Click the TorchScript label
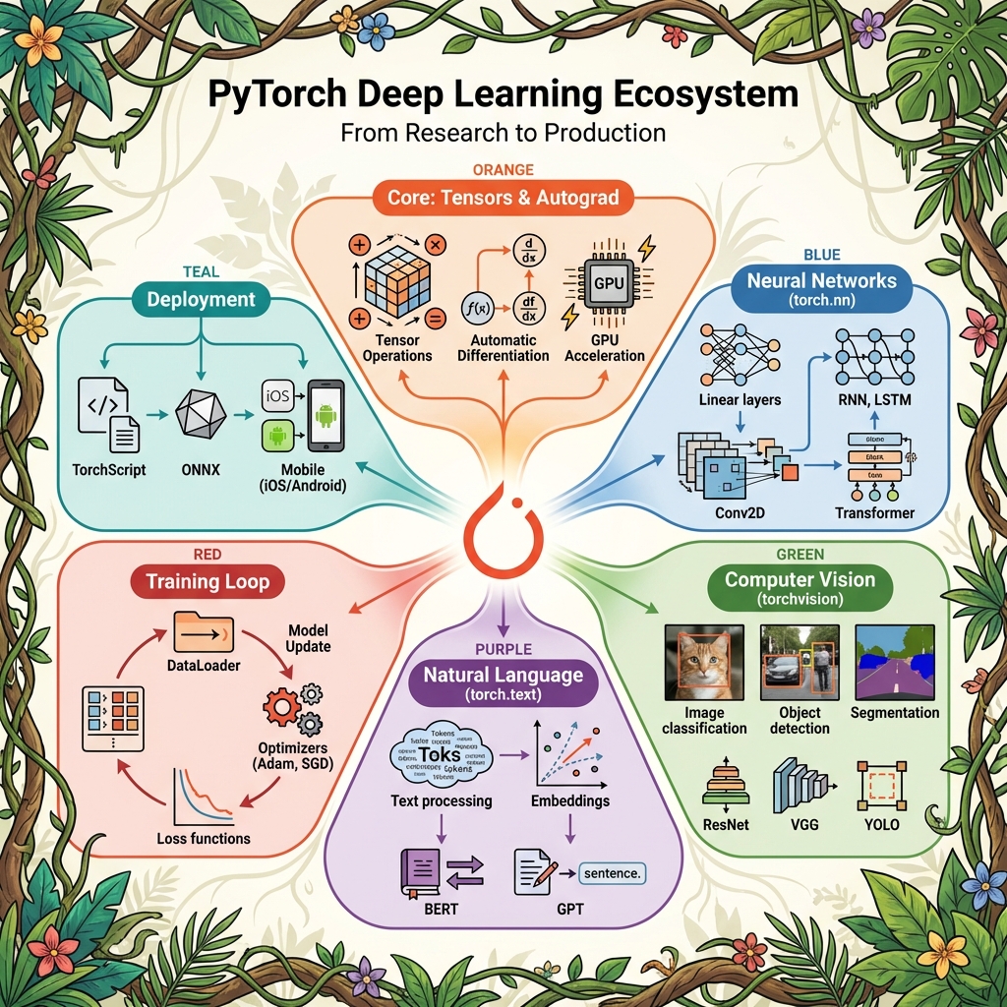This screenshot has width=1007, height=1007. pyautogui.click(x=109, y=470)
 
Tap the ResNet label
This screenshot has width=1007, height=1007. pyautogui.click(x=727, y=824)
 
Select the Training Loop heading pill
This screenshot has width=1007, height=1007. pyautogui.click(x=207, y=581)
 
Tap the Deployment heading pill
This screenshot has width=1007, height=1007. pyautogui.click(x=201, y=299)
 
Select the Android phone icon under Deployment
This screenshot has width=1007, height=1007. pyautogui.click(x=326, y=417)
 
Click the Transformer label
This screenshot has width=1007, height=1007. pyautogui.click(x=874, y=512)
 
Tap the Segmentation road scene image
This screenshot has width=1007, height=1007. pyautogui.click(x=893, y=662)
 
